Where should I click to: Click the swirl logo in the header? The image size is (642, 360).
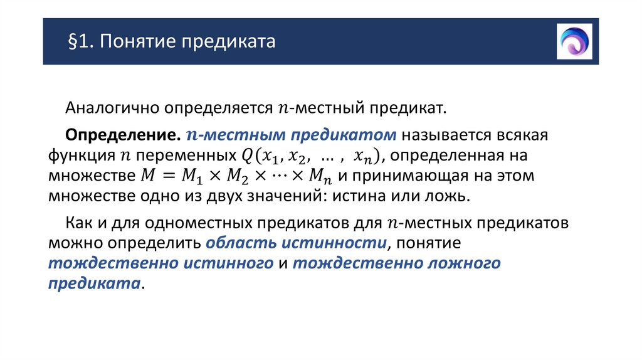coord(574,41)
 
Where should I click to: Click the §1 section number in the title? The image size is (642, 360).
coord(80,42)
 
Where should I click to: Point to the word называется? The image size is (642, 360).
coord(437,135)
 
